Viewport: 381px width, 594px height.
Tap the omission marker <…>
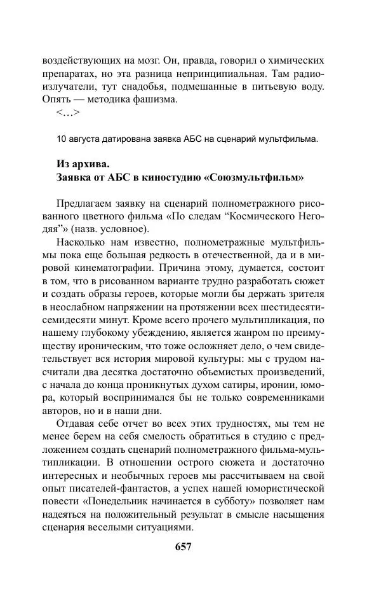(68, 113)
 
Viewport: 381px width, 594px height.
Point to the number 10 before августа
(62, 139)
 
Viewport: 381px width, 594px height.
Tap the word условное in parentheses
(127, 229)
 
